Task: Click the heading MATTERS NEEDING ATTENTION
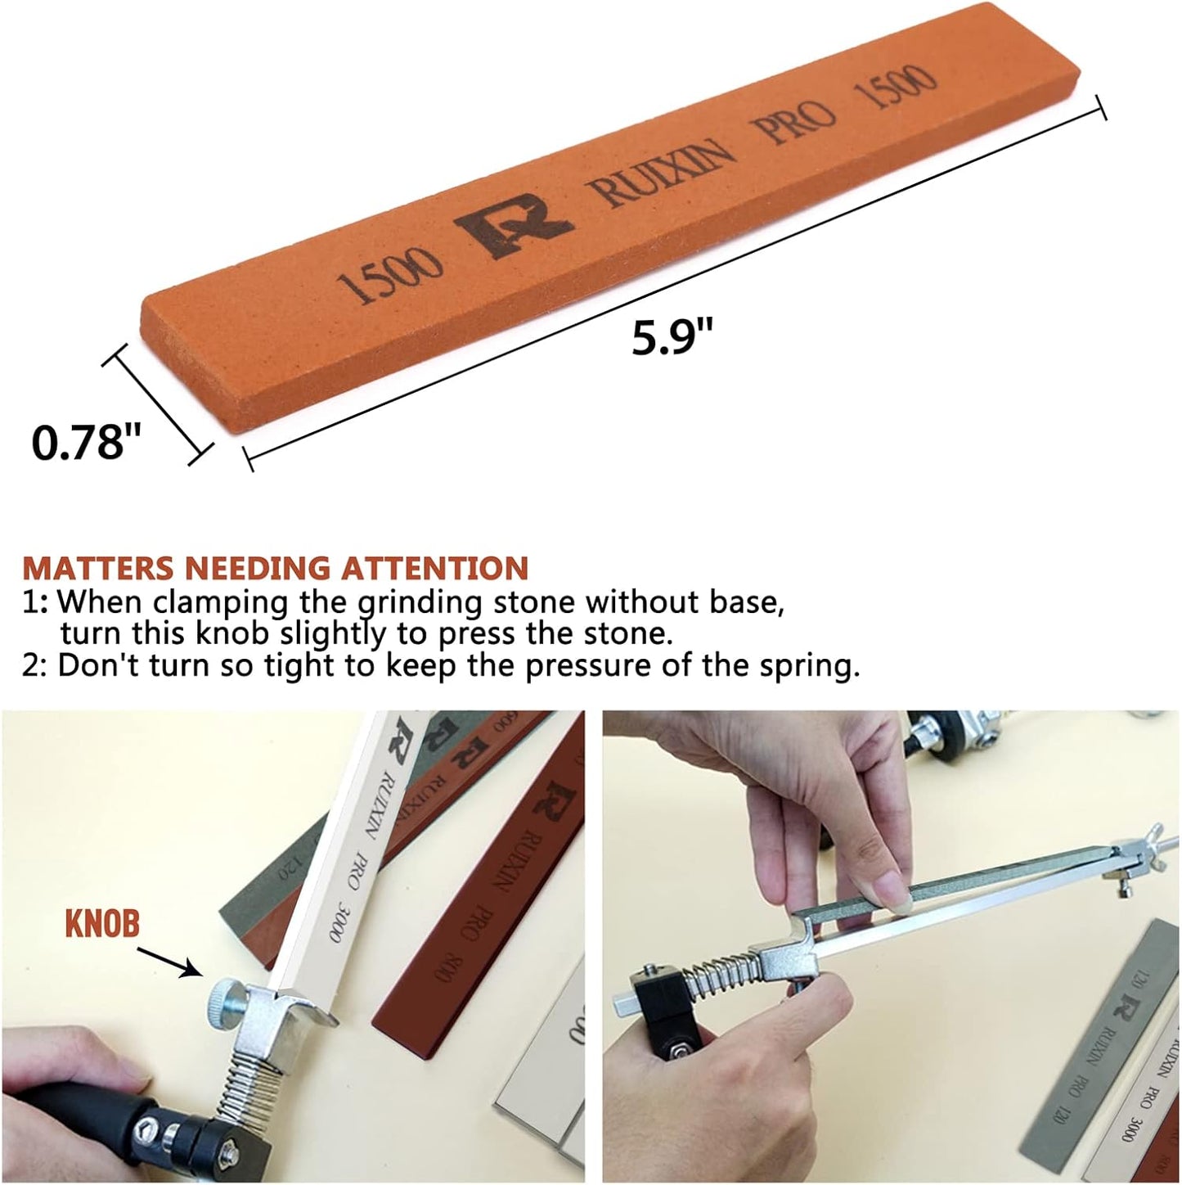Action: click(x=275, y=567)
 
